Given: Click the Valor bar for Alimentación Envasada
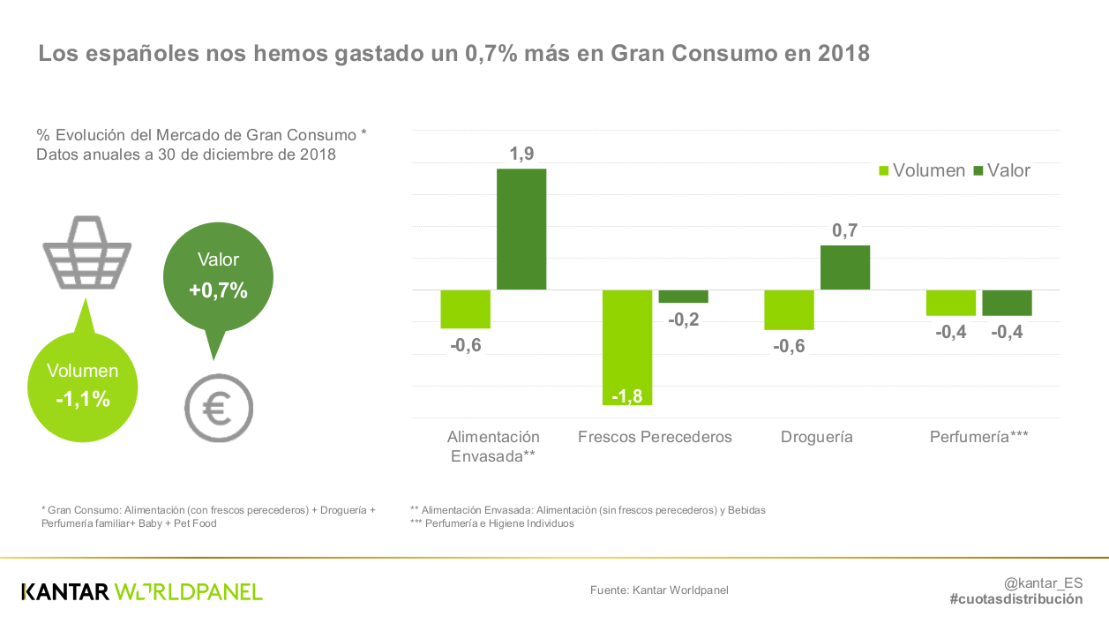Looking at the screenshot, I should [x=521, y=229].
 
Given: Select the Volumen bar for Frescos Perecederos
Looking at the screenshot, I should [x=627, y=347].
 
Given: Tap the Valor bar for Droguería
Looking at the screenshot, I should [x=845, y=267].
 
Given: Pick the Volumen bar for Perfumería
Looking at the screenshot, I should [x=950, y=303].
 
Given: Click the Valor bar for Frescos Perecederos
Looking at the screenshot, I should [x=683, y=297].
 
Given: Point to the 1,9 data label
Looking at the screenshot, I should [x=521, y=154].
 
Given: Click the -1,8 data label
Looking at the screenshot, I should [x=626, y=395].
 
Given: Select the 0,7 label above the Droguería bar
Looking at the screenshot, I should [x=845, y=231].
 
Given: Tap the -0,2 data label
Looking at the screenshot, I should [x=683, y=320].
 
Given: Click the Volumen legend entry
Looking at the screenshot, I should [x=922, y=171].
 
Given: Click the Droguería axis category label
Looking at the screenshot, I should [x=816, y=437].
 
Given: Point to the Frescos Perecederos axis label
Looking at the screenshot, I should [x=655, y=437].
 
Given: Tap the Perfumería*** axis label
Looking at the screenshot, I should [x=979, y=437].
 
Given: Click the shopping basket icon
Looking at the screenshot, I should [x=86, y=253].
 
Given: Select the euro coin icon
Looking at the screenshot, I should [x=218, y=408].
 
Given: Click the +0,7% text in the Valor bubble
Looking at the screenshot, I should [x=218, y=290].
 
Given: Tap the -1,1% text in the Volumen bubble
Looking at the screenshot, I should [x=83, y=399].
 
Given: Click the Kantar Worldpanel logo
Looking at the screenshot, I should [x=142, y=591].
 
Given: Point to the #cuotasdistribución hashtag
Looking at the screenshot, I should [x=1015, y=599].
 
